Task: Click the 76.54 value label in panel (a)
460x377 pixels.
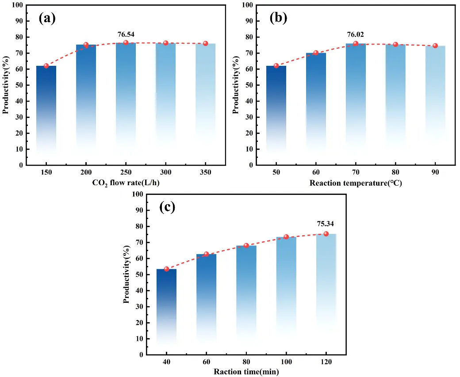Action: coord(126,33)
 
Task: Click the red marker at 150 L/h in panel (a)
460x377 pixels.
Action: coord(46,66)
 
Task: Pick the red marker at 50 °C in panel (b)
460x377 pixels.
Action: coord(276,66)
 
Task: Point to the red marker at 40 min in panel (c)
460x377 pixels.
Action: coord(166,269)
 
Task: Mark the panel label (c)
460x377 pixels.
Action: coord(168,208)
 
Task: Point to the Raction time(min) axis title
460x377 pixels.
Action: coord(246,372)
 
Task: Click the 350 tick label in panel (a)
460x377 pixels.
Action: coord(206,173)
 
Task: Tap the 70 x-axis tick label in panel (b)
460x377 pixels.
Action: coord(356,173)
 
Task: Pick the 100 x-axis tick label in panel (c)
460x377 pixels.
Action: coord(286,362)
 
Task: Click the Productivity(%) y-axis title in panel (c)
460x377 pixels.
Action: coord(126,274)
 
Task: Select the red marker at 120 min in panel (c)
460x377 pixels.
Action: coord(326,233)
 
